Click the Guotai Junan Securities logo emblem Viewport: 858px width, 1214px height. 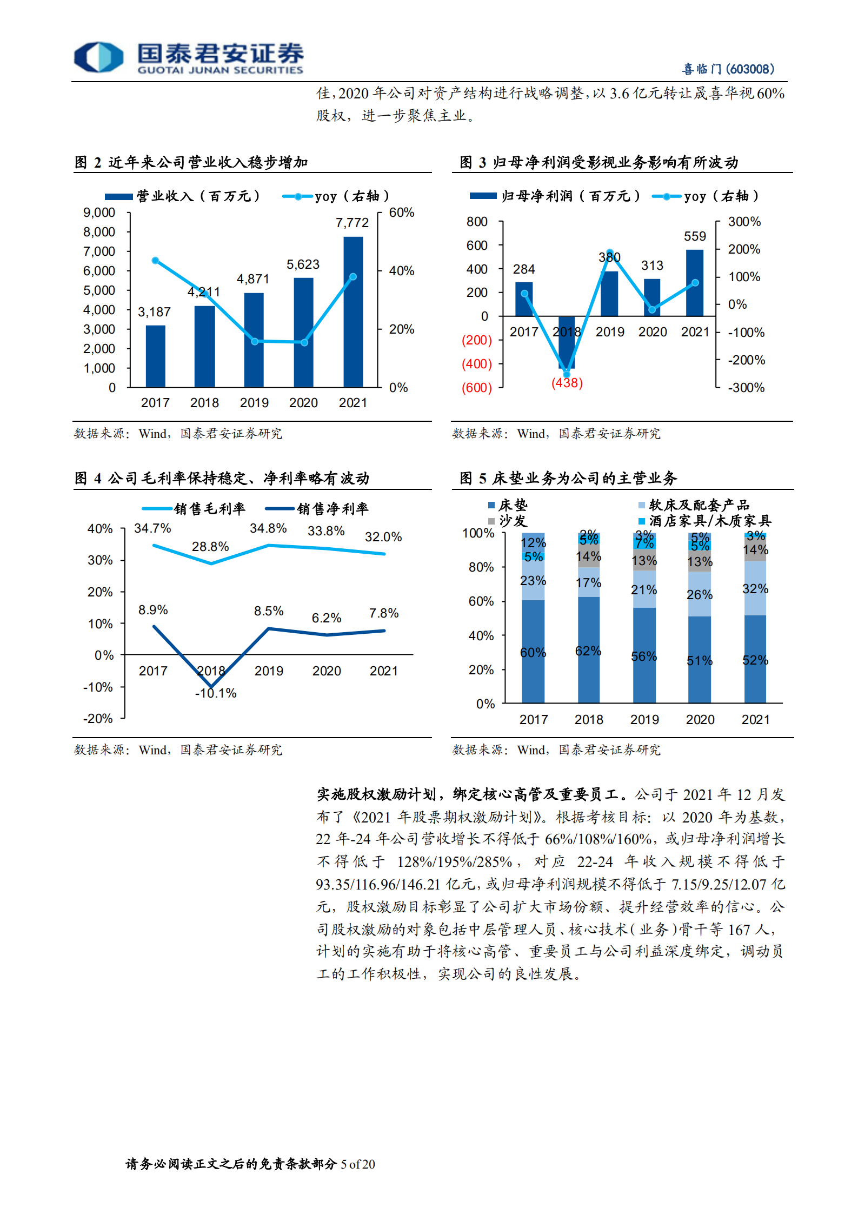click(x=98, y=57)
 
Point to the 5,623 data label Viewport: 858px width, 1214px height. click(x=303, y=264)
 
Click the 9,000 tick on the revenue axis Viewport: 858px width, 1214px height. click(x=99, y=213)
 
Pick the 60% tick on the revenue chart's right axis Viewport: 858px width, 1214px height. click(x=401, y=213)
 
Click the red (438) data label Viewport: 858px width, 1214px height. click(x=567, y=383)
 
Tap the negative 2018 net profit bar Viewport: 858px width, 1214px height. click(x=567, y=342)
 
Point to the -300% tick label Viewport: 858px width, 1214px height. click(x=746, y=388)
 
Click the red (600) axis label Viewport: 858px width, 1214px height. click(x=476, y=388)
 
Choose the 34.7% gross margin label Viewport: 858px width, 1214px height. click(x=152, y=528)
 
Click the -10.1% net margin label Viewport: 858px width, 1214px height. click(x=216, y=693)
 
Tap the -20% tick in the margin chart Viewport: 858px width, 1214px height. click(x=98, y=719)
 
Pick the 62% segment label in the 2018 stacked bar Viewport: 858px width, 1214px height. click(x=588, y=651)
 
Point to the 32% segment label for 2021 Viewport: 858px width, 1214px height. click(x=755, y=589)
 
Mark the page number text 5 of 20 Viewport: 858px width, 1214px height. click(x=357, y=1164)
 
